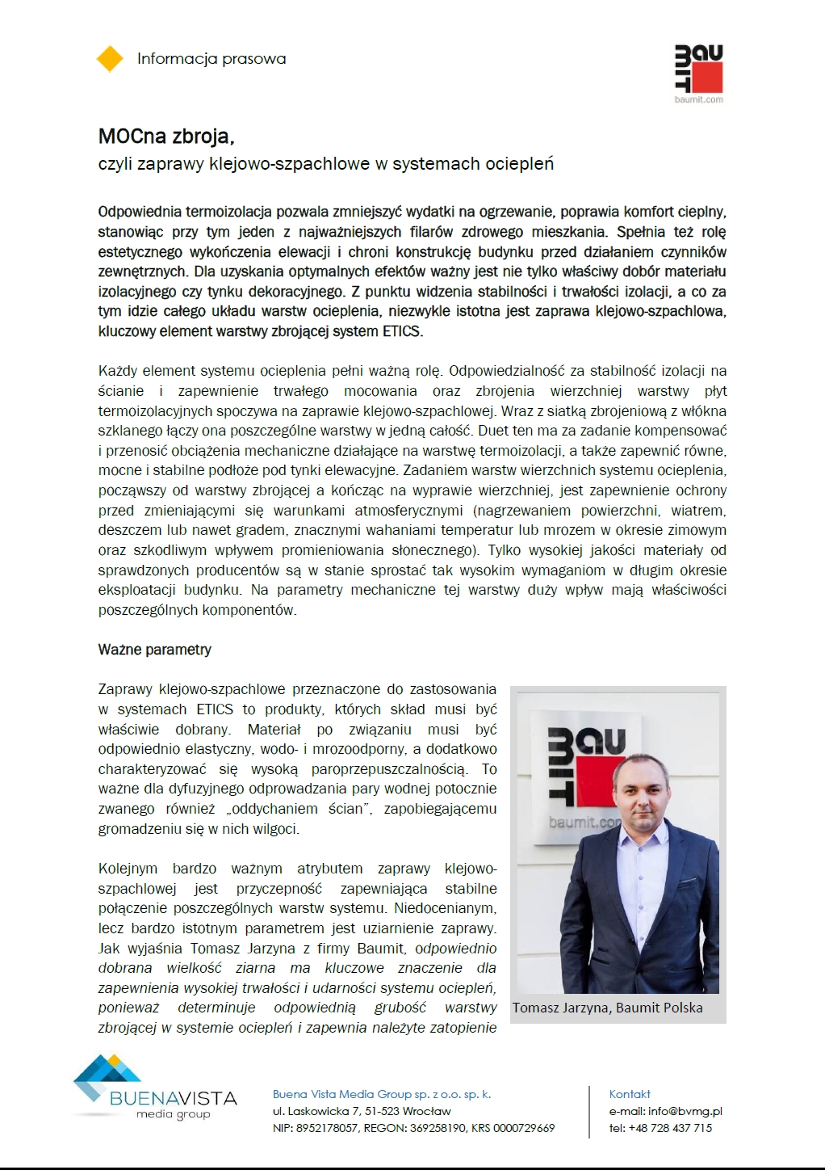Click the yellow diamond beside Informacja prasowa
110,59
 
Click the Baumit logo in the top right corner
698,73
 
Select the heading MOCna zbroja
166,137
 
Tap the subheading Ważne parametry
155,650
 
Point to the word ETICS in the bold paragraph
401,331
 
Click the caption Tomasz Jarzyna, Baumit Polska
607,1008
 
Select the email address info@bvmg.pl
685,1111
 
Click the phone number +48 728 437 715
672,1128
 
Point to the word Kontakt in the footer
630,1094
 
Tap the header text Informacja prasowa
211,59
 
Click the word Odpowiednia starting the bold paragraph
140,213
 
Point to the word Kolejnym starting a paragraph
128,869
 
